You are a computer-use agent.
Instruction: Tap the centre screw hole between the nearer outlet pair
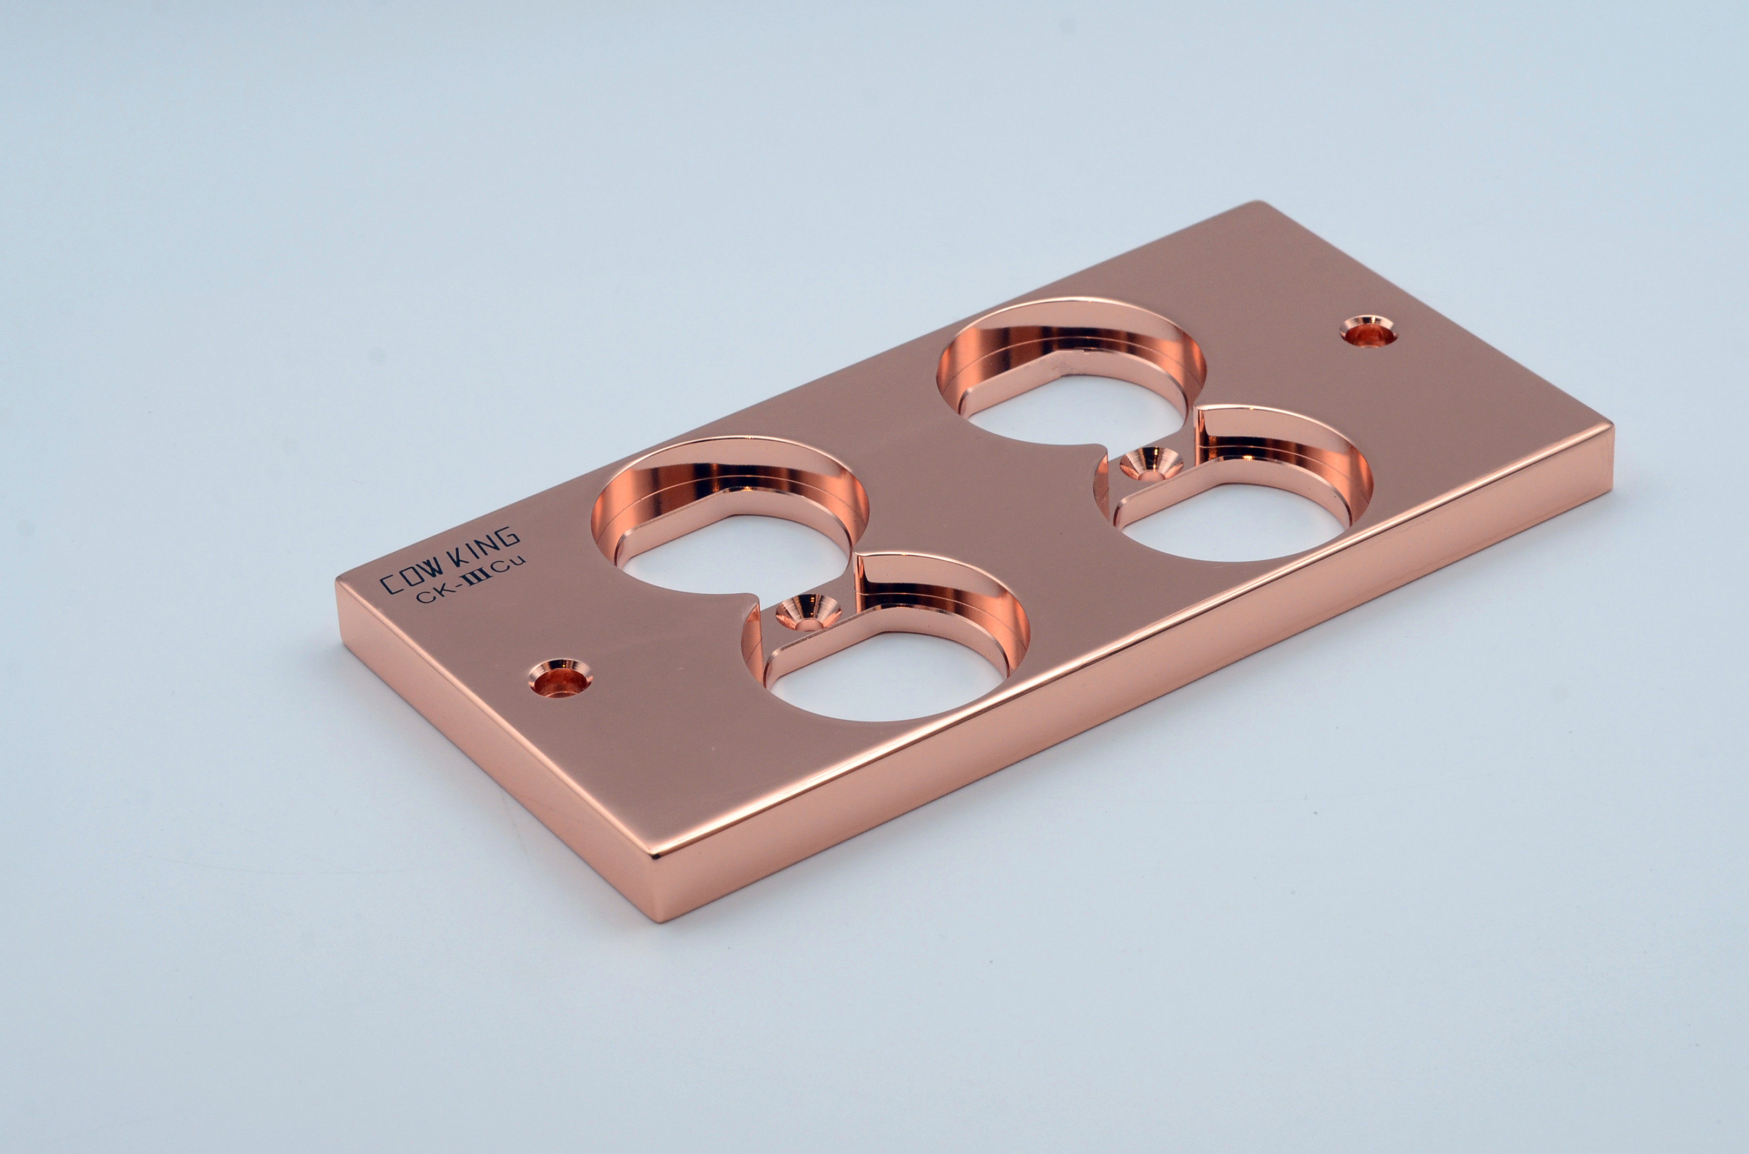tap(808, 612)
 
